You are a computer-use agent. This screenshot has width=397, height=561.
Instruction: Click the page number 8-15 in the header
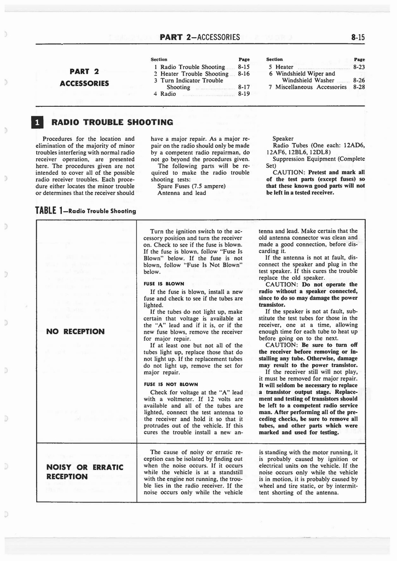click(358, 37)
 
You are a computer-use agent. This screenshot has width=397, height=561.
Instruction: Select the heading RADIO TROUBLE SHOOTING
click(112, 122)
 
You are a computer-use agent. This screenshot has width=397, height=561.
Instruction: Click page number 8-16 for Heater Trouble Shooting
click(244, 74)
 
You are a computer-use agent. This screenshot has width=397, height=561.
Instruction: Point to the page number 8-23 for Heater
click(359, 67)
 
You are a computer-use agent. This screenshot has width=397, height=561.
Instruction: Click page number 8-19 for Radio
click(244, 94)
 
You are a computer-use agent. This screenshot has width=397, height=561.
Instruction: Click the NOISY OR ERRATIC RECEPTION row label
click(84, 472)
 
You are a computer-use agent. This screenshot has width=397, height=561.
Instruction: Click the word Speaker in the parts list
click(283, 139)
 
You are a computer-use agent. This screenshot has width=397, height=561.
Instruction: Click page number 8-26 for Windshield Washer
click(359, 80)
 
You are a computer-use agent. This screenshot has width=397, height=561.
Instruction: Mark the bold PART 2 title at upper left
click(84, 71)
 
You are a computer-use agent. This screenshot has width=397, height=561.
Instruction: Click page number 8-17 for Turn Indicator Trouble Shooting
click(244, 87)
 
